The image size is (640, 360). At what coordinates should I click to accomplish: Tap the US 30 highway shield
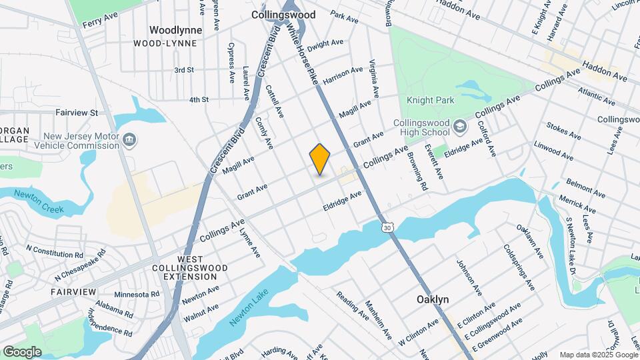tap(388, 228)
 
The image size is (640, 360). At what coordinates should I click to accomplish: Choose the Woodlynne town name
tap(173, 30)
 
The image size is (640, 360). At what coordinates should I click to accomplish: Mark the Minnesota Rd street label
tap(137, 294)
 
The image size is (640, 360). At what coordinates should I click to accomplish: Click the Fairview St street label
tap(77, 113)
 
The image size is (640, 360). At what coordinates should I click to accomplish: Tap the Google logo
tap(22, 351)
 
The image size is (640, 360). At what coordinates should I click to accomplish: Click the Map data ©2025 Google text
tap(598, 355)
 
